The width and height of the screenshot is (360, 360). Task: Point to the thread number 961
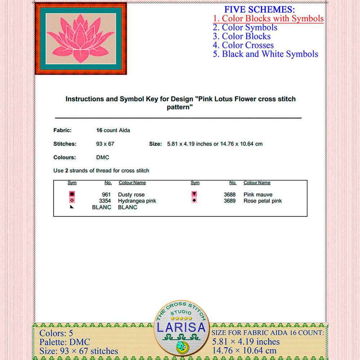pos(106,195)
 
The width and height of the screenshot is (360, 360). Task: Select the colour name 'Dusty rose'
pos(131,195)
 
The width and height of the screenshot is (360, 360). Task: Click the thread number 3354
pos(105,201)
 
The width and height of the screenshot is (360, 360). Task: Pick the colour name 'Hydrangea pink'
pos(137,201)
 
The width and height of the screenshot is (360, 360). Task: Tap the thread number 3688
pos(230,195)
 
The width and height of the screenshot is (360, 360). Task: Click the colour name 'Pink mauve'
pos(258,195)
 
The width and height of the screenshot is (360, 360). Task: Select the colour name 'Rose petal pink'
pos(263,201)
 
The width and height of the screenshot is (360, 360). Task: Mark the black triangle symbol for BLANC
pos(72,207)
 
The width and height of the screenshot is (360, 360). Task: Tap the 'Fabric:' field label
pos(62,130)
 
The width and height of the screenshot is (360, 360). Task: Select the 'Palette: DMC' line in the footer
pos(65,342)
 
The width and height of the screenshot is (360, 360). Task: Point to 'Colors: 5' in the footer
pos(56,333)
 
